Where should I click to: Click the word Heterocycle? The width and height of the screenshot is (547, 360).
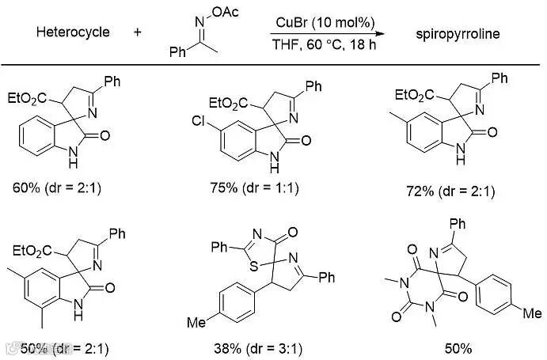click(73, 32)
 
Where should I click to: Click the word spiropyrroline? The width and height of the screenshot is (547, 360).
click(450, 33)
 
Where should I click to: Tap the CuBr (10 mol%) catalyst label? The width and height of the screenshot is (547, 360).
click(324, 19)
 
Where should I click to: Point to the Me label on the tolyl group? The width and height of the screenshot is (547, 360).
click(196, 323)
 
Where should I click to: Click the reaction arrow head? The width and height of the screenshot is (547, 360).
click(382, 32)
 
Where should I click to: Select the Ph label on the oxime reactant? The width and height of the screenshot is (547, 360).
click(178, 52)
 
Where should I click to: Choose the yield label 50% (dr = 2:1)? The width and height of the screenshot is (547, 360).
click(53, 347)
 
